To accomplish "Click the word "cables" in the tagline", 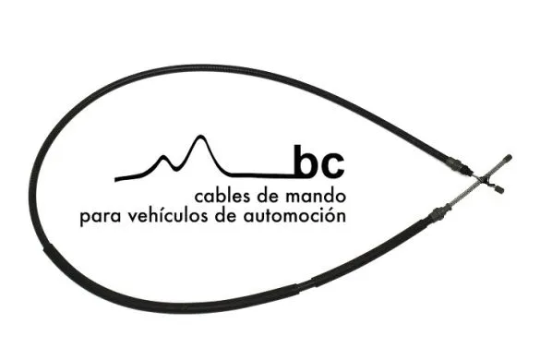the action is tap(222, 197).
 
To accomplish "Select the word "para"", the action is tap(101, 217).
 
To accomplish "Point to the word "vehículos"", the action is tap(168, 216).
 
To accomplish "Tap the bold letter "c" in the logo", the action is tap(331, 166).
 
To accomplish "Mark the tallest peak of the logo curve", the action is tap(199, 136).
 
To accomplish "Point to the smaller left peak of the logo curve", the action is tap(163, 157).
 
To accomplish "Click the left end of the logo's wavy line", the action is tap(115, 179).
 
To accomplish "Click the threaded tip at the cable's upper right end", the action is tap(508, 159).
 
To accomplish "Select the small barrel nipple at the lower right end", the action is tap(498, 189).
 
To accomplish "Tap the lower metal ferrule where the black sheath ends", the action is tap(439, 211).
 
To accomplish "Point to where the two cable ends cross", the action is tap(484, 179).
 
